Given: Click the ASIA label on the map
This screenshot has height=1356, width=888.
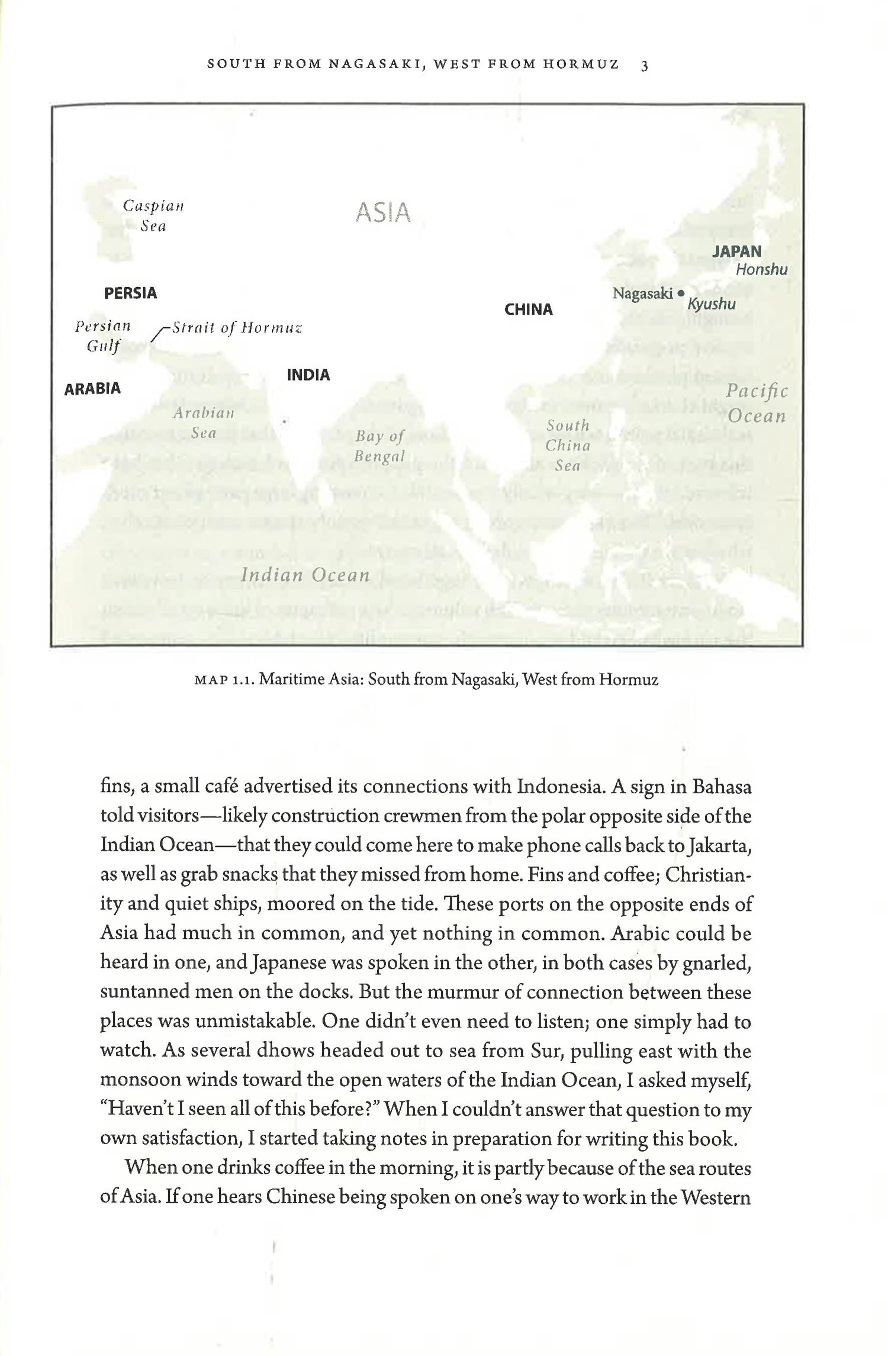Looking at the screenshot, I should click(383, 213).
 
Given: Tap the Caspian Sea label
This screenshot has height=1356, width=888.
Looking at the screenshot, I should click(153, 216).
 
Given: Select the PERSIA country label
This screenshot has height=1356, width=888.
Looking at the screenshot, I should click(130, 293).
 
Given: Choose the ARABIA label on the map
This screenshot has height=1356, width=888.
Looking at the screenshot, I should click(92, 389).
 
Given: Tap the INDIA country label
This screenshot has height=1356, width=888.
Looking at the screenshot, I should click(308, 375).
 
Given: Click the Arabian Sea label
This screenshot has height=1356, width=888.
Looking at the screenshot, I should click(204, 423).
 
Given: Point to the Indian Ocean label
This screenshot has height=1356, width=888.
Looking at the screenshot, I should click(305, 575).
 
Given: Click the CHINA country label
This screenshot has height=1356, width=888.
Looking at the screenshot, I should click(529, 310).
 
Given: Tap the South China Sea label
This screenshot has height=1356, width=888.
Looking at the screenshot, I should click(568, 445).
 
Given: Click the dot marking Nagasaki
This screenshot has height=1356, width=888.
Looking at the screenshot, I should click(681, 293).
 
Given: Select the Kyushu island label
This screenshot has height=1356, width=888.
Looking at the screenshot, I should click(712, 304).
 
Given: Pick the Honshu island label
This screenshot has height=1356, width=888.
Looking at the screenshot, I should click(762, 270).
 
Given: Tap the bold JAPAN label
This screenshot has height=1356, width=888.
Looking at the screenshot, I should click(736, 252).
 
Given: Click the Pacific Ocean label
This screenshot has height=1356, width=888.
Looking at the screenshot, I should click(757, 403).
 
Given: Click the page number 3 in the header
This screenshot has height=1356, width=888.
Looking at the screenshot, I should click(645, 66).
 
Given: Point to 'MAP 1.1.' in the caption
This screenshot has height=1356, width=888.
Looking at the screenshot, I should click(224, 679).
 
